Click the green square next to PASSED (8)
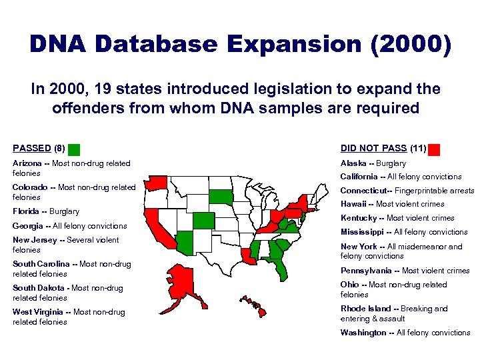75,149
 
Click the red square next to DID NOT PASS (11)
435,149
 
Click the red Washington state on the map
157,181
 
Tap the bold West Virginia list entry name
37,312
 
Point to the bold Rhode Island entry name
365,309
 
